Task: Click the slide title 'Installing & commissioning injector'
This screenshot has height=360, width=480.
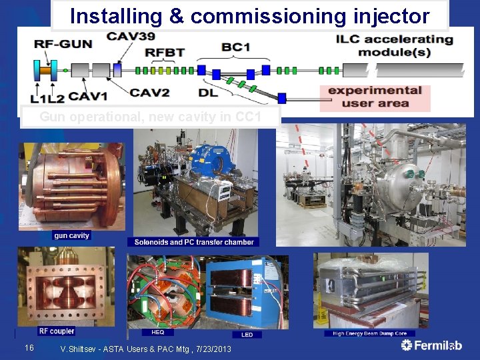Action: tap(250, 15)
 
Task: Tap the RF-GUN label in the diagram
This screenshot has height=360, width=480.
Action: tap(63, 44)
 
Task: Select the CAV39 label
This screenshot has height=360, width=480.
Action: tap(129, 35)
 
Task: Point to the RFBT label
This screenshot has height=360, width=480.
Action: tap(166, 51)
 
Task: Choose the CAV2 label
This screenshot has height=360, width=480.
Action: tap(149, 93)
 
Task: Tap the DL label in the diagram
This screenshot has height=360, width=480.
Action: tap(207, 93)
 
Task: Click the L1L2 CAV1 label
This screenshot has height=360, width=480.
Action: tap(69, 97)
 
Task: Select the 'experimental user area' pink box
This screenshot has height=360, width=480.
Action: tap(375, 97)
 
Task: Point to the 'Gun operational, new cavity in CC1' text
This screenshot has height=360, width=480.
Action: tap(150, 117)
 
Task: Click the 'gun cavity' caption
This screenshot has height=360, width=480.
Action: tap(71, 235)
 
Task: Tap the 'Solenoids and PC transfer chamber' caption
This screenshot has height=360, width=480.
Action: tap(193, 242)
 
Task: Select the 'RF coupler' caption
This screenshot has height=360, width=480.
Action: tap(57, 331)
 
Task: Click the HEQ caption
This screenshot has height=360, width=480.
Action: tap(158, 332)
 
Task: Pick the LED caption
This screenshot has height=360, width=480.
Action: tap(247, 334)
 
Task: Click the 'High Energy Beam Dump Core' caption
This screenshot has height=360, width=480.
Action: tap(369, 333)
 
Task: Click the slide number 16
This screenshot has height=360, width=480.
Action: tap(29, 347)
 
